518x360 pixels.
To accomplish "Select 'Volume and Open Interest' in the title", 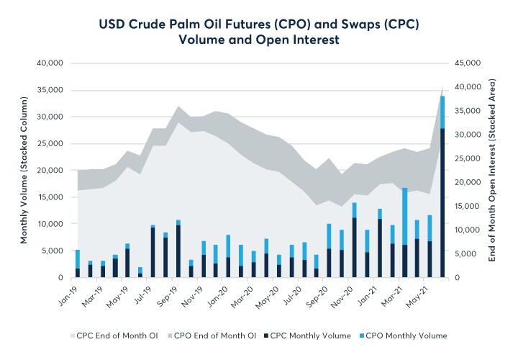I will point(259,40).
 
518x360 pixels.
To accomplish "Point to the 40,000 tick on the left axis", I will point(50,63).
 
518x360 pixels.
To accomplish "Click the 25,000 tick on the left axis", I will point(50,143).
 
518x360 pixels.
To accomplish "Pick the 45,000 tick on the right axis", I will point(468,63).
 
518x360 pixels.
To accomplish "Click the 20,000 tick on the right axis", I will point(468,182).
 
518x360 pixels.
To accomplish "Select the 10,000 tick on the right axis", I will point(468,230).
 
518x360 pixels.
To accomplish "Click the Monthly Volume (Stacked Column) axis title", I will point(24,170).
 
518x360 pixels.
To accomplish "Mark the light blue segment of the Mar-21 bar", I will point(405,216).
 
